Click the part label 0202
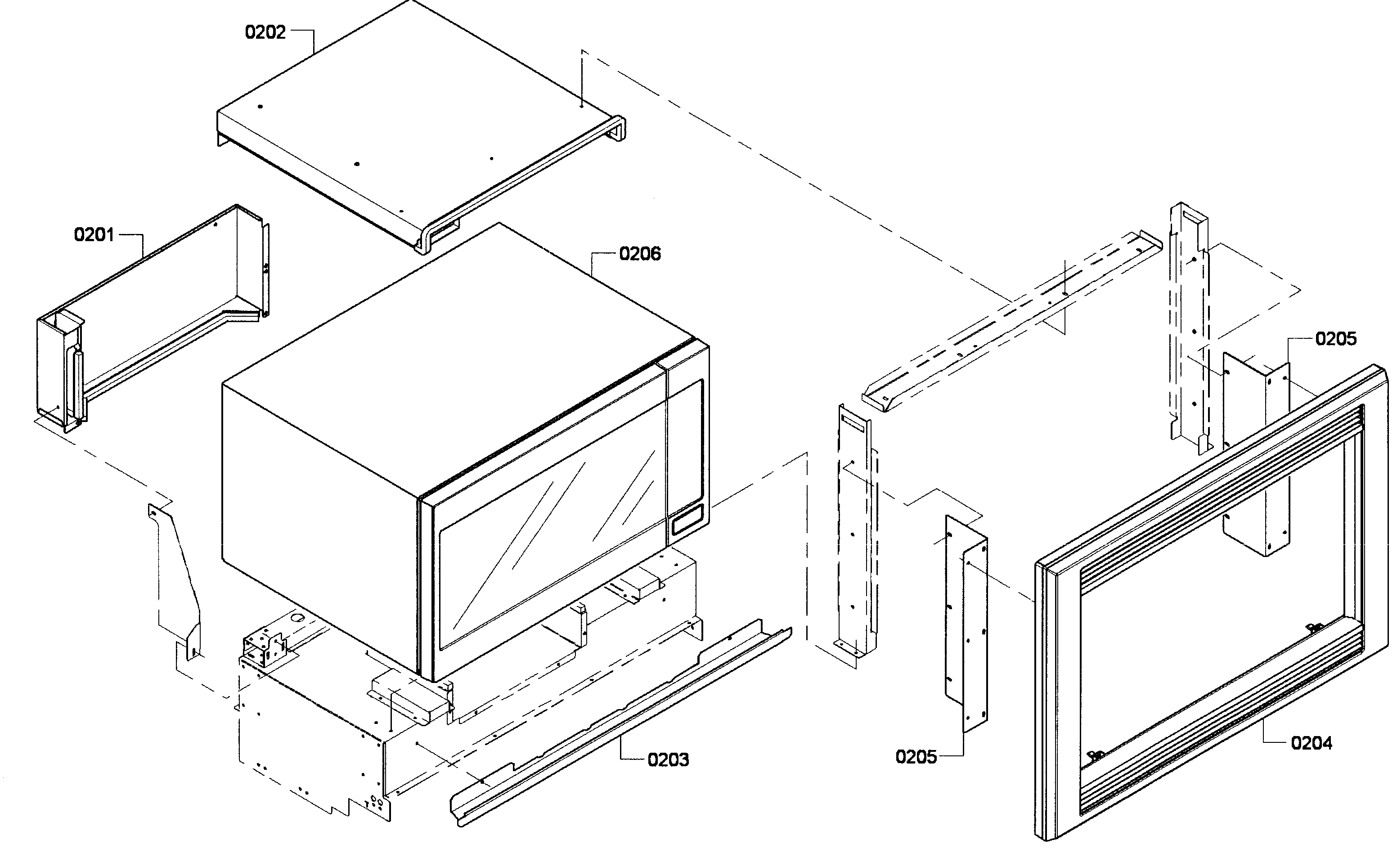265,32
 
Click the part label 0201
94,234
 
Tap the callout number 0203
668,759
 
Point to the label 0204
1311,743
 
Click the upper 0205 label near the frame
1336,339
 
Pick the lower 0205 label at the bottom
916,757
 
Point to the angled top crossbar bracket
1009,318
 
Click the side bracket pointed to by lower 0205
967,624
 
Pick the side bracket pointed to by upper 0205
1256,454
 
